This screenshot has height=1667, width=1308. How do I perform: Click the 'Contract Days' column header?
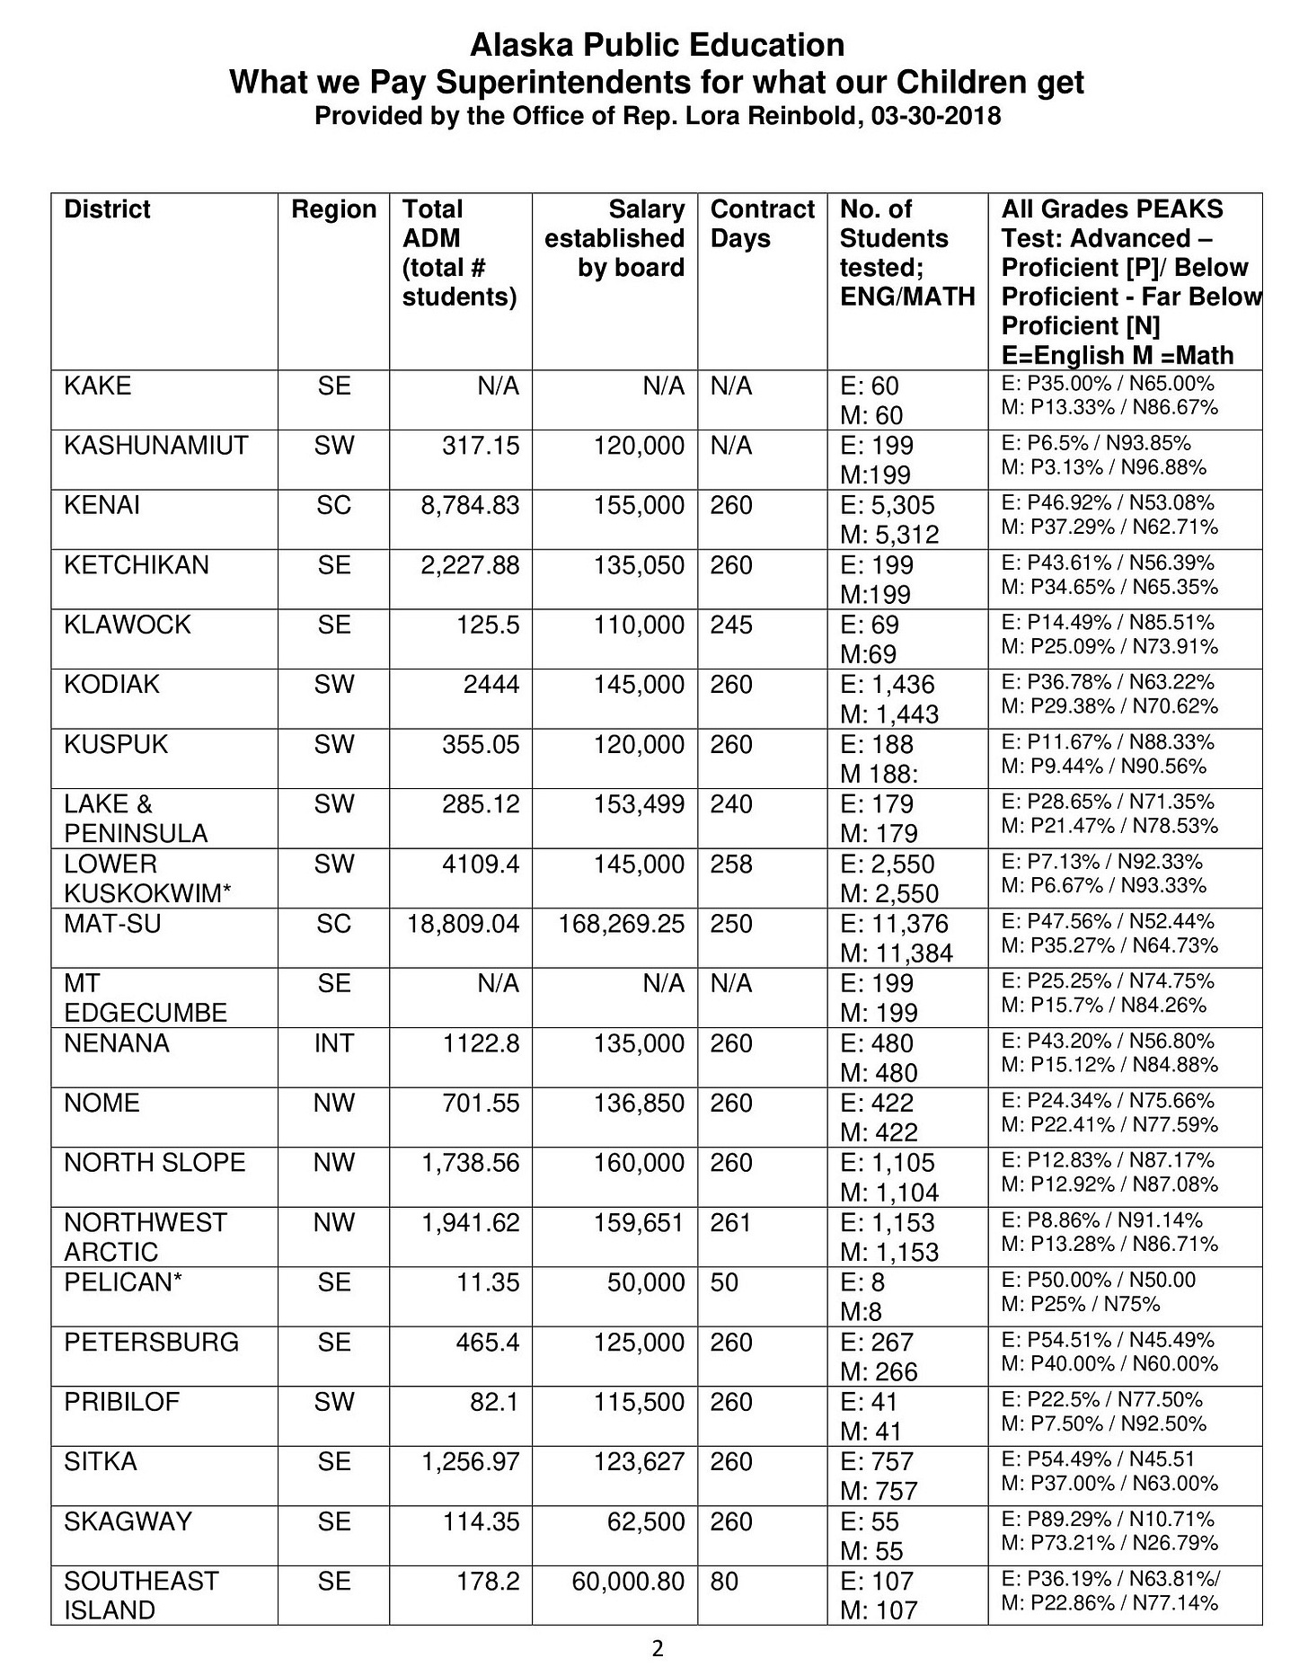[762, 224]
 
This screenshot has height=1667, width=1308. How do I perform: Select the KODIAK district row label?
[111, 685]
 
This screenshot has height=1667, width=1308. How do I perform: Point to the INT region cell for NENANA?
[333, 1043]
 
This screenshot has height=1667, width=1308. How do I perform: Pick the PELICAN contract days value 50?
[724, 1282]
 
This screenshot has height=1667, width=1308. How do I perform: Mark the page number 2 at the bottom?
[657, 1648]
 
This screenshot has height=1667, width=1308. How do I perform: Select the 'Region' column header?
[333, 209]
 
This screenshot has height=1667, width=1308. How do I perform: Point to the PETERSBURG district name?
[151, 1343]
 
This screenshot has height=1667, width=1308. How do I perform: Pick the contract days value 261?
[731, 1223]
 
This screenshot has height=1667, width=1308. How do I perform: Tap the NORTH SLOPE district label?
[155, 1163]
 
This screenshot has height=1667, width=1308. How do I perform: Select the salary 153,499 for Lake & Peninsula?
[638, 804]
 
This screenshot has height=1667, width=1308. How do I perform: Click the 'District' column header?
[107, 209]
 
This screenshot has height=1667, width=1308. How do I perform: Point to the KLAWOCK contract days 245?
[731, 625]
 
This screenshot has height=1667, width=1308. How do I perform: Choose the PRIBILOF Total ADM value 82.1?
[494, 1402]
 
